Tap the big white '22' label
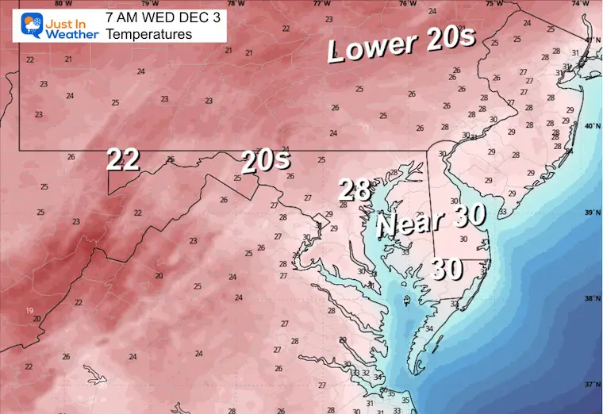[124, 160]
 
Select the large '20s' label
[266, 161]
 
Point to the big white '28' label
[355, 190]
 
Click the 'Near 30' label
[421, 222]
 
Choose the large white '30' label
[447, 270]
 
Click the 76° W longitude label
[407, 3]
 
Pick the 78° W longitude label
[234, 3]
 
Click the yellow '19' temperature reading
[30, 310]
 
